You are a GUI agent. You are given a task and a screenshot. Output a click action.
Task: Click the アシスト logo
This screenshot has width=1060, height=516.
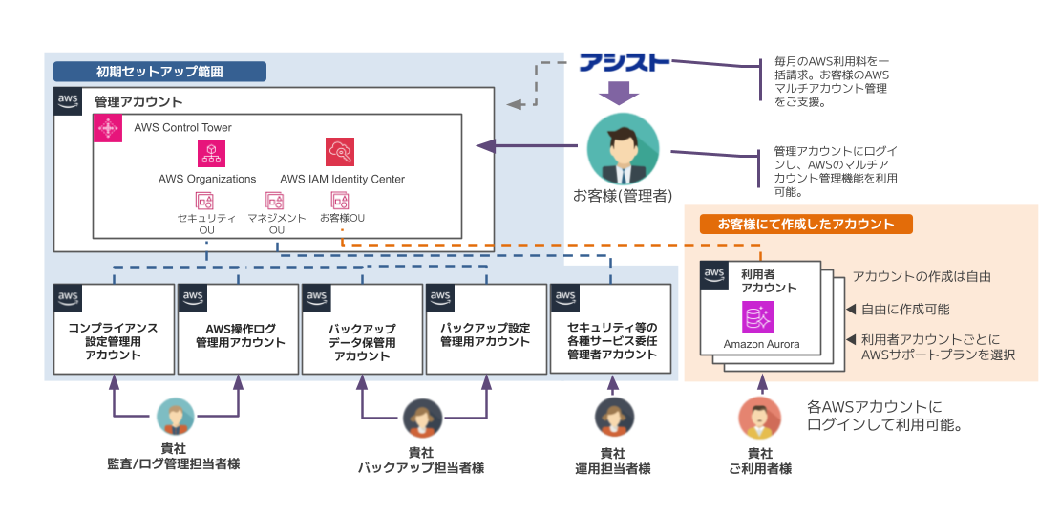(x=625, y=64)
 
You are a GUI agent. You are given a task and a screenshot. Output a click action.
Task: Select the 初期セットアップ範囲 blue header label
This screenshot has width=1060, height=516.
(x=159, y=71)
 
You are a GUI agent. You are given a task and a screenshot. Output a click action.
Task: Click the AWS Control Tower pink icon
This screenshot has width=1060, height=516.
(x=108, y=128)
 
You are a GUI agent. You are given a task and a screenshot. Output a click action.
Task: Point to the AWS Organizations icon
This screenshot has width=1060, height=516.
(x=208, y=153)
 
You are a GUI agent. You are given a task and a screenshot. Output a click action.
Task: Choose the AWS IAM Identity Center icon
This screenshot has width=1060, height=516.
(x=341, y=153)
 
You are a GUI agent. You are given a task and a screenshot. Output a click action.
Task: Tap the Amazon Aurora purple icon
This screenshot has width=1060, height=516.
(x=759, y=317)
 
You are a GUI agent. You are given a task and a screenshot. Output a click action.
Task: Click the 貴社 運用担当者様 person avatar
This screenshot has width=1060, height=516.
(x=612, y=418)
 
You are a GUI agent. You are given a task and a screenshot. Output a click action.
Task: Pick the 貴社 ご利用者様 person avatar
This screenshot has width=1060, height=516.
(x=759, y=418)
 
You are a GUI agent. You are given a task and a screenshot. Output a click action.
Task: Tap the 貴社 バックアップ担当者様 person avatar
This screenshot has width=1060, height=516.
(x=421, y=418)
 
